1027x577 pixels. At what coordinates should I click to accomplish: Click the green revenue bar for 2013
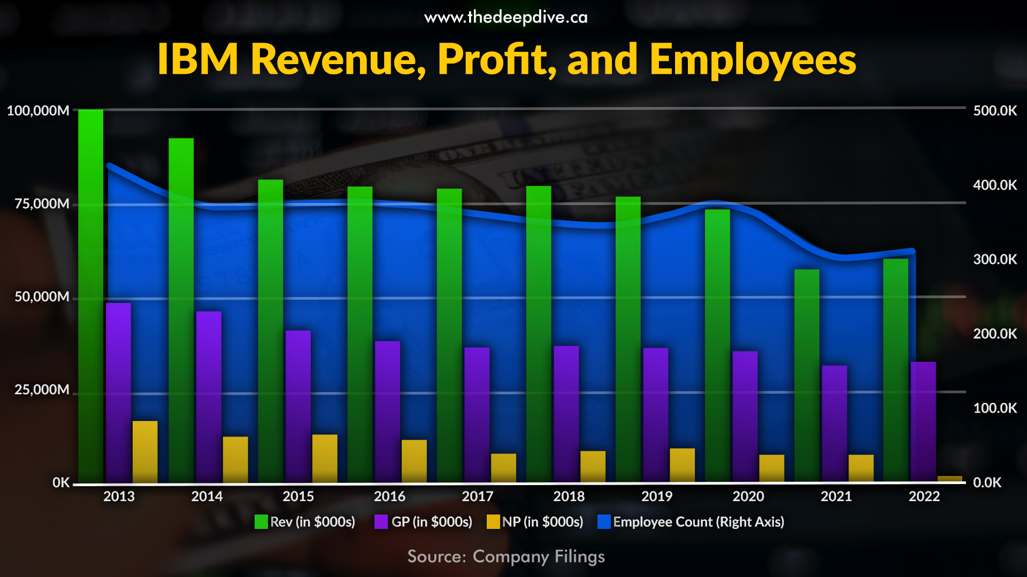(x=90, y=294)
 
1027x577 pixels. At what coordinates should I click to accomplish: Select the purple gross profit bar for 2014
(x=209, y=395)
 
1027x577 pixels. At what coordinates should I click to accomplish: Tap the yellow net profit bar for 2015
(x=325, y=458)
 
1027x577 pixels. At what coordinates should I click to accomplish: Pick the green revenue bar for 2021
(x=807, y=374)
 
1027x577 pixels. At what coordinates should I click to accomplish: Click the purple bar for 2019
(x=655, y=414)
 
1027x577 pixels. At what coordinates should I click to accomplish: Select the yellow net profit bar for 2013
(x=145, y=451)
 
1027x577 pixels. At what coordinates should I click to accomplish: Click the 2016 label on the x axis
(x=389, y=496)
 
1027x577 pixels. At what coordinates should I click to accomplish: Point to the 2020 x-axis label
(x=748, y=496)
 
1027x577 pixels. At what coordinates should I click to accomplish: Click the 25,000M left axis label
(x=42, y=390)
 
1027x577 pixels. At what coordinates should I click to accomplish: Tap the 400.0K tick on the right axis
(x=995, y=185)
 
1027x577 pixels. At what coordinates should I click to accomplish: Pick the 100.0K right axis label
(x=995, y=408)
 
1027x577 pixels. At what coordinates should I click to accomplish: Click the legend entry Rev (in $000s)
(x=305, y=522)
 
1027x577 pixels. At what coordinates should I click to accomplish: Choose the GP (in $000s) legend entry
(x=424, y=522)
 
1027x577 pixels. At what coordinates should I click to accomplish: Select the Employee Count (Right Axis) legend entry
(x=691, y=522)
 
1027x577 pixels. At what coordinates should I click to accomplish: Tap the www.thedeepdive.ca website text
(x=506, y=18)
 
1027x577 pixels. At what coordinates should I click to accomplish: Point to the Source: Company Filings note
(x=506, y=557)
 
